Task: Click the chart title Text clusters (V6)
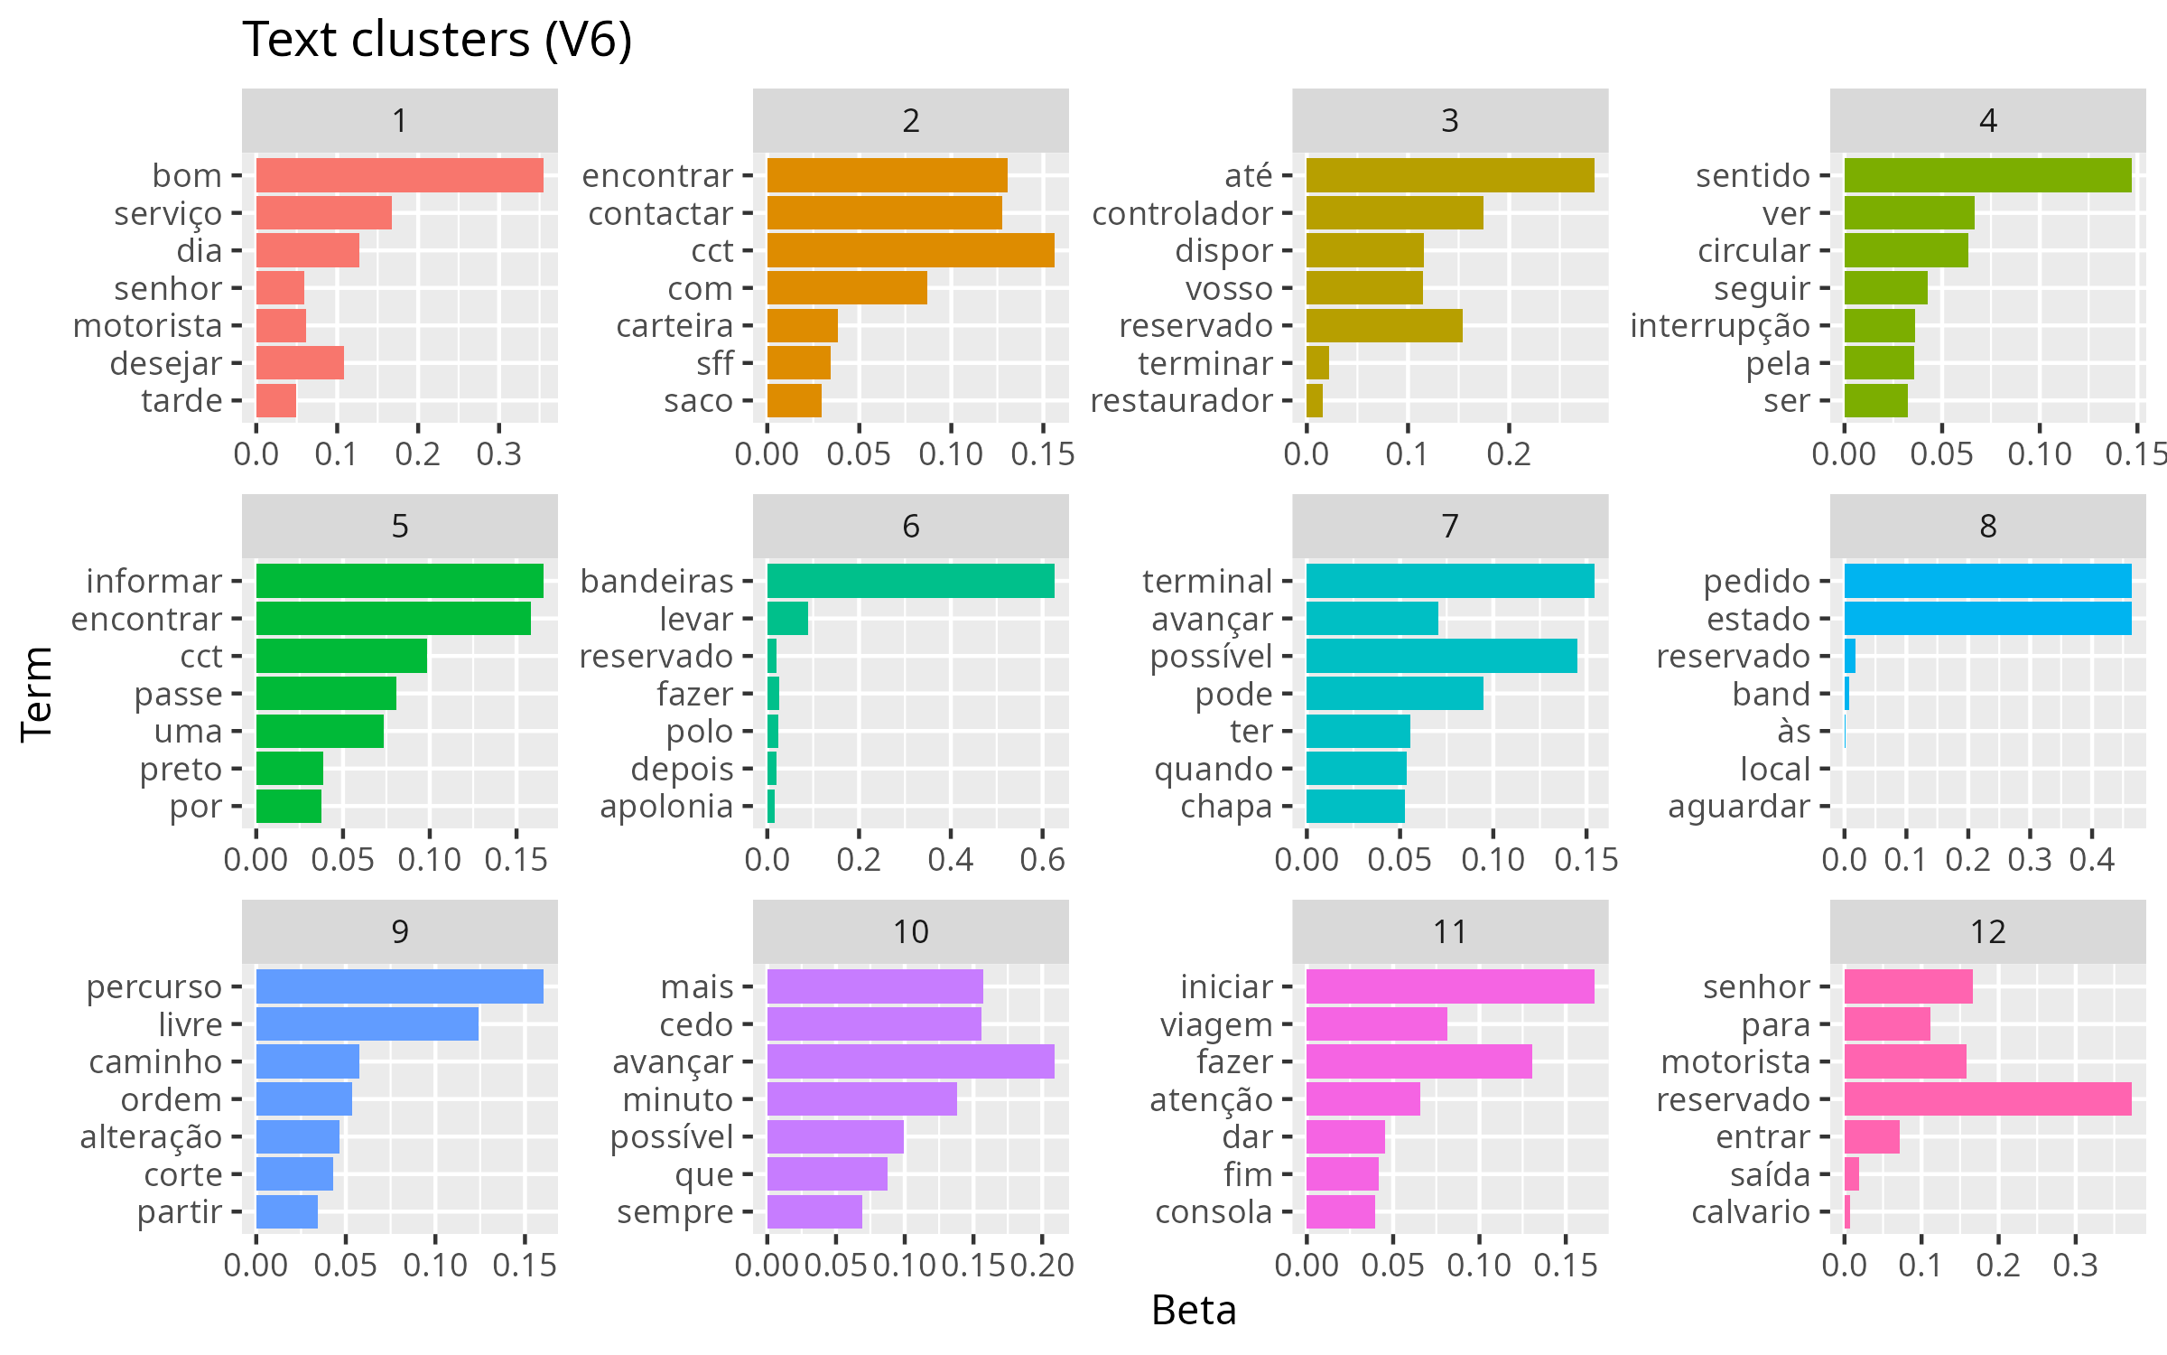[x=437, y=40]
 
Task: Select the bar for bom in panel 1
[x=399, y=175]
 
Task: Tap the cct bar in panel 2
[x=910, y=250]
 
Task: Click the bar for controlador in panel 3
[x=1394, y=213]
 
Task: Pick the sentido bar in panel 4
[x=1987, y=175]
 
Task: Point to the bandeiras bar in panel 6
[x=910, y=581]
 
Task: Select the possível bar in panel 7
[x=1441, y=656]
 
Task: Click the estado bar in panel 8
[x=1987, y=619]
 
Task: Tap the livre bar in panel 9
[x=367, y=1024]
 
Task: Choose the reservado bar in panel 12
[x=1987, y=1099]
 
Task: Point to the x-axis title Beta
[x=1194, y=1310]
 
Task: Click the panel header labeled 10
[x=910, y=931]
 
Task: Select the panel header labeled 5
[x=399, y=526]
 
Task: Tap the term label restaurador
[x=1181, y=400]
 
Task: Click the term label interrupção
[x=1720, y=326]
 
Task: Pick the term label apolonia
[x=666, y=806]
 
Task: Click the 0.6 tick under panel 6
[x=1042, y=859]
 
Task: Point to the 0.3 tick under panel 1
[x=498, y=453]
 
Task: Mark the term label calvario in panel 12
[x=1751, y=1211]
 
